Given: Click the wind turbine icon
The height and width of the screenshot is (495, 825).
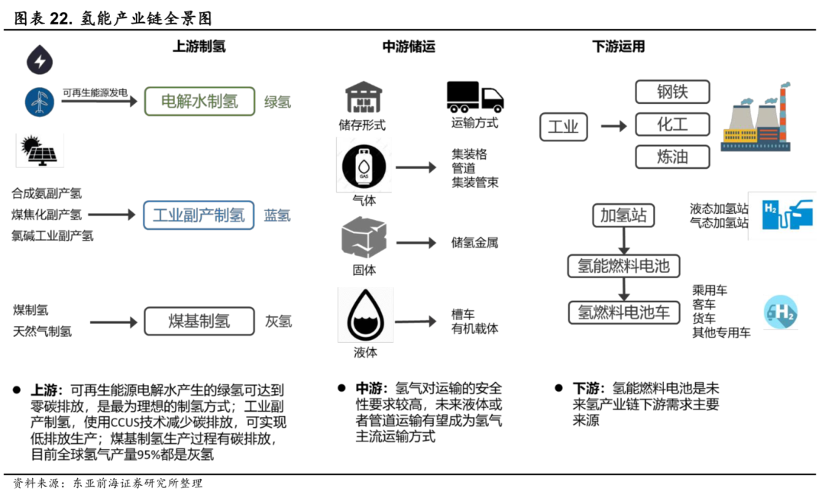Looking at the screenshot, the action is (40, 102).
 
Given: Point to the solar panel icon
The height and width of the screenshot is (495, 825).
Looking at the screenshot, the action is (40, 150).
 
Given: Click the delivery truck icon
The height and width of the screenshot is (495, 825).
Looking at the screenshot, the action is (475, 97).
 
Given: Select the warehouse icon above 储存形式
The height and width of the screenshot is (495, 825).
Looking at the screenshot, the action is (363, 97).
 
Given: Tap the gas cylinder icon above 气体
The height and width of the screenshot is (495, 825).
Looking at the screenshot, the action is (364, 167).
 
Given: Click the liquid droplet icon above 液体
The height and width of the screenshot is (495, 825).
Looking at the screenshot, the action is (364, 315).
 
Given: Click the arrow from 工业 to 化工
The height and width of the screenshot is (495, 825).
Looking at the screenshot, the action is (614, 126).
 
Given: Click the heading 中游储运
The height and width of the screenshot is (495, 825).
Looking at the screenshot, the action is (409, 47).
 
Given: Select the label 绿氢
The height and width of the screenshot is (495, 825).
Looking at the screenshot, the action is (277, 102).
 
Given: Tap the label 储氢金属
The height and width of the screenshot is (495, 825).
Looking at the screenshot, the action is (474, 242).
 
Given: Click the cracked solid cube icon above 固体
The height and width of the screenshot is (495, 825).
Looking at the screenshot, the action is (364, 238).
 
